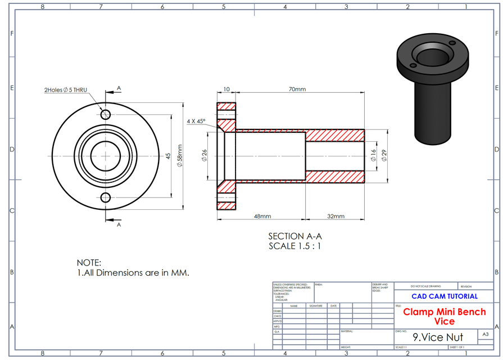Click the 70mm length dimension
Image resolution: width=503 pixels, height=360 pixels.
pos(297,89)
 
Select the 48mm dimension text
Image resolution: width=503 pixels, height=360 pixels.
pos(262,216)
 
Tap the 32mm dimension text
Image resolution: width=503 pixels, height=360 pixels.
pos(335,216)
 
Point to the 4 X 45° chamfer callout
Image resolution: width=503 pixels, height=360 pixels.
pos(196,121)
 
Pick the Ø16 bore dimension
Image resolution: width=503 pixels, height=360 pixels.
pos(373,156)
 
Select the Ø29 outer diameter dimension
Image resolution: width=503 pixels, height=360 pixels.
pos(384,156)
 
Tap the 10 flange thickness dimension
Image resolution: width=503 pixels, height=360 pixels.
pos(226,89)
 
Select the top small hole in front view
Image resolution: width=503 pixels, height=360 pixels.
pos(106,115)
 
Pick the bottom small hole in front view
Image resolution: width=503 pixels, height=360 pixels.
pos(106,196)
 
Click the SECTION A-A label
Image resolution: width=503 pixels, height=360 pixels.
pos(294,236)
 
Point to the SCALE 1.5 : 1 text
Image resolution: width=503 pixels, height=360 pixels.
pos(294,246)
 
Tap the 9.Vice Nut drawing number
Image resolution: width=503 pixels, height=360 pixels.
pos(438,337)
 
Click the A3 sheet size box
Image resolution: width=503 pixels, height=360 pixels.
pos(486,334)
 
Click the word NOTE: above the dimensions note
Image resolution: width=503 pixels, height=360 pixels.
pos(89,263)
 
